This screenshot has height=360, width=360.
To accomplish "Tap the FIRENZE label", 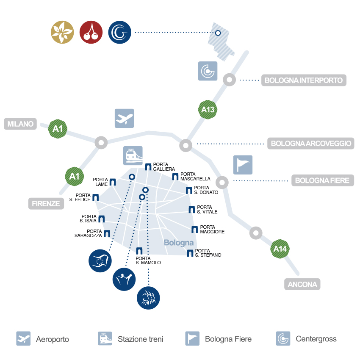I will [46, 203].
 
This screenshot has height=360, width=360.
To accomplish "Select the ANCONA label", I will [302, 284].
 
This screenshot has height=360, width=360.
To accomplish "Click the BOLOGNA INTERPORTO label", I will [304, 80].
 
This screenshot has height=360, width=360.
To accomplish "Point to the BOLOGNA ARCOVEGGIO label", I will [311, 144].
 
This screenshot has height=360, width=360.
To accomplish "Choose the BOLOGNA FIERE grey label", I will [322, 180].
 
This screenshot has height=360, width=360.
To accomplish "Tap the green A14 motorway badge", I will [280, 249].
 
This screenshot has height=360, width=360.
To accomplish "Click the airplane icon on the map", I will [124, 118].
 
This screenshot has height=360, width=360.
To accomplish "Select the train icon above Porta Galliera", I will [133, 155].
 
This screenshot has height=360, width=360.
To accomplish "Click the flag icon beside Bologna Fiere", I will [243, 165].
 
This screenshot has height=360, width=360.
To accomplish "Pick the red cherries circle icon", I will [91, 33].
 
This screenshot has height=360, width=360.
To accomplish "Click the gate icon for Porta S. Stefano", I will [190, 253].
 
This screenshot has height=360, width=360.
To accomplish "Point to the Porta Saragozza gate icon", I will [107, 233].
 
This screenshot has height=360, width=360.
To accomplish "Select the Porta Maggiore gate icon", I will [194, 230].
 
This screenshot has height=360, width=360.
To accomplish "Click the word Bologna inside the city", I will [178, 243].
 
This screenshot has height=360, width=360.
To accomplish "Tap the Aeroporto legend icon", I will [23, 339].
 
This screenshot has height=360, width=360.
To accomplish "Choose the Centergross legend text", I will [316, 339].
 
